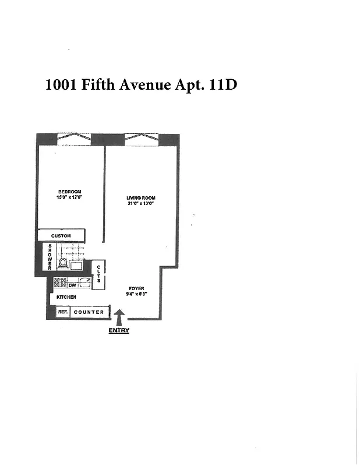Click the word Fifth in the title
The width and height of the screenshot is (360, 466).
pos(97,85)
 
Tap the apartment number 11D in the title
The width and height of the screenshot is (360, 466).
pos(221,85)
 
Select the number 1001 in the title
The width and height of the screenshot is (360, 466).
pos(61,85)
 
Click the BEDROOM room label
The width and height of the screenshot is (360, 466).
pos(69,192)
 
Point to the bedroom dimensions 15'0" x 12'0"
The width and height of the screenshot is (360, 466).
pos(69,198)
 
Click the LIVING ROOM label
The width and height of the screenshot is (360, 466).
pos(141,198)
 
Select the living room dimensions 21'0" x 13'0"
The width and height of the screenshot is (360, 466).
pos(141,204)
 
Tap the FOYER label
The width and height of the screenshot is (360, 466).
pos(136,288)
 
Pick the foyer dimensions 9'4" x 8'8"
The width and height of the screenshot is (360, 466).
pos(136,294)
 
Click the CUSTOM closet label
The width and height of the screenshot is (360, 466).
pos(61,236)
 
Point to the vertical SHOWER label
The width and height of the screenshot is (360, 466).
pos(50,257)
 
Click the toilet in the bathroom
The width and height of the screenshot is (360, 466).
pos(62,263)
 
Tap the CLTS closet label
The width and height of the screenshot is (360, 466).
pos(99,274)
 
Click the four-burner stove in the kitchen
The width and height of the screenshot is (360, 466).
pos(60,283)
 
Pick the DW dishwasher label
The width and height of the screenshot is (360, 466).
pos(72,285)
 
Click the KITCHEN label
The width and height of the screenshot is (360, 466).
pos(66,297)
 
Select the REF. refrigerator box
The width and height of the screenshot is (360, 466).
pos(63,312)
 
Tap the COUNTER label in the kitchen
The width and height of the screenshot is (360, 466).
pos(90,312)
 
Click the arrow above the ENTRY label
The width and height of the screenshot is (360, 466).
pos(119,318)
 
